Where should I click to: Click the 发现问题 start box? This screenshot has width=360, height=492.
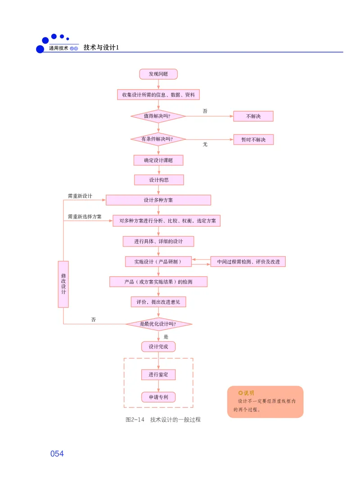158,74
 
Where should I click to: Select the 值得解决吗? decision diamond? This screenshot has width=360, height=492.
158,116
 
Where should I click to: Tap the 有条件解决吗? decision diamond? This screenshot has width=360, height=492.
158,139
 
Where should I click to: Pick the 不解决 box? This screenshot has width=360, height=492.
253,116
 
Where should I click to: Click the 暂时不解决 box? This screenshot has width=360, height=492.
253,139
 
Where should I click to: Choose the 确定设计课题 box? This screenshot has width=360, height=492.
158,161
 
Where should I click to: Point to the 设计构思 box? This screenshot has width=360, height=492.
159,180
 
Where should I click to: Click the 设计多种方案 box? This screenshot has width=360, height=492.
158,200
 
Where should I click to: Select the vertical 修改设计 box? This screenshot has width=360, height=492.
63,284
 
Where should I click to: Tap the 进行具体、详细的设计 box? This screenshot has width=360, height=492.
158,242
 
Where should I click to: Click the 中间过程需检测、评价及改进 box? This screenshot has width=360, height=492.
248,262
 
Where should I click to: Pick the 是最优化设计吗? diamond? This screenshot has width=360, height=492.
158,324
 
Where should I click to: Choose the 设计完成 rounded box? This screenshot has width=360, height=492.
158,347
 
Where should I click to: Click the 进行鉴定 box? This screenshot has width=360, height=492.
158,375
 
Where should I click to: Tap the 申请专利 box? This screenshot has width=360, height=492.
158,397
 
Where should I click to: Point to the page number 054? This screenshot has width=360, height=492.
57,454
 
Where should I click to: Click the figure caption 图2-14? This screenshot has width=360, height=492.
135,420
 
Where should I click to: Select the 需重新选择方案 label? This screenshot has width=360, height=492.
85,216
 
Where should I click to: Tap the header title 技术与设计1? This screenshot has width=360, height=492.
101,47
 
